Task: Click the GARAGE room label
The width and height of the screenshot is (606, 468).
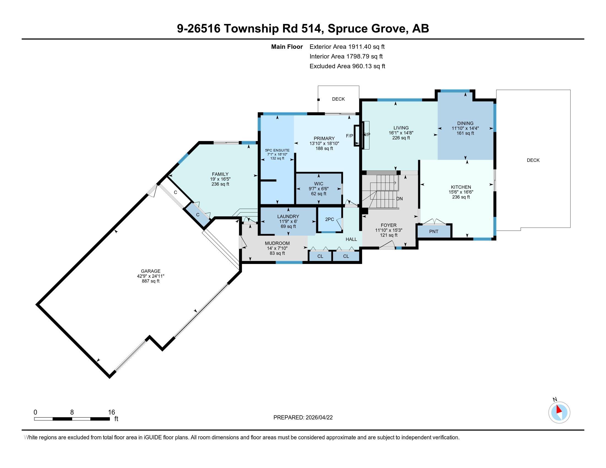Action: point(150,271)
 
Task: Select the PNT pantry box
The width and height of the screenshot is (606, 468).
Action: point(433,232)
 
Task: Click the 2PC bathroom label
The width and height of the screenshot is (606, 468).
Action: point(329,219)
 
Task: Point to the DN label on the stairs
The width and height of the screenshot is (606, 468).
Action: point(399,199)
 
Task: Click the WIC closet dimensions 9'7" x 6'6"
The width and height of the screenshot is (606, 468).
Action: point(318,189)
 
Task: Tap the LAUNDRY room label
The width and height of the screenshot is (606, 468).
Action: point(288,217)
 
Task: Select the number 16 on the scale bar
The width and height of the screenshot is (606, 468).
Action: point(112,412)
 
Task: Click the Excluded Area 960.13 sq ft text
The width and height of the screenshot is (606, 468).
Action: point(347,66)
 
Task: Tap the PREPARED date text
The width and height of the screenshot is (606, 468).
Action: point(303,418)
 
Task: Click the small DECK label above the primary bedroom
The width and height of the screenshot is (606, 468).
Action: point(338,99)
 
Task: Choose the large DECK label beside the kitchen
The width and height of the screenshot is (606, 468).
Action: point(533,160)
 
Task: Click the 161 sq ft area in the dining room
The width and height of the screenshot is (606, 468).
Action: point(465,133)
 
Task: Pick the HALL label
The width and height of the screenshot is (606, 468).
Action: point(351,239)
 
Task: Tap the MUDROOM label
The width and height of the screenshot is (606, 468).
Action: point(277,243)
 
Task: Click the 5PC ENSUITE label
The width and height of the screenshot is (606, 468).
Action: point(277,150)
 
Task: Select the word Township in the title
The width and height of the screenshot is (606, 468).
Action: point(251,29)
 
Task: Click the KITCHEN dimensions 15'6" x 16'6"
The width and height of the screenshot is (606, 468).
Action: point(461,192)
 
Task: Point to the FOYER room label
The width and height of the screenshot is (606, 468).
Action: point(388,225)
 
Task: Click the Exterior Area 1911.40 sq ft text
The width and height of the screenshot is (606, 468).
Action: point(347,47)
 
